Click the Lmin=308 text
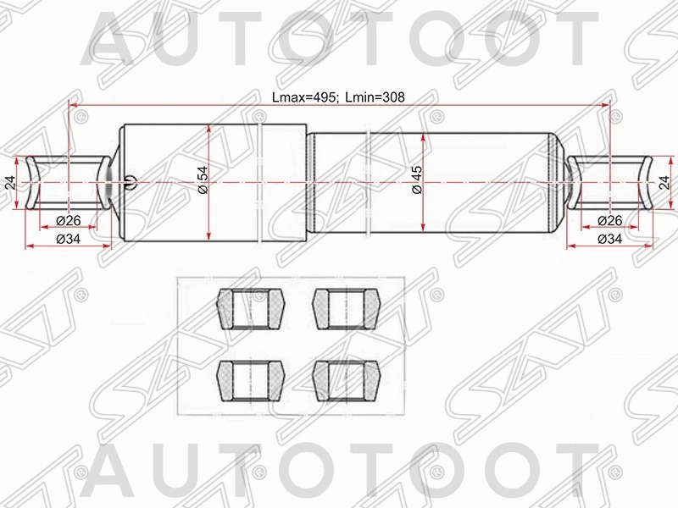click(375, 97)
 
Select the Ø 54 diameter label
click(203, 179)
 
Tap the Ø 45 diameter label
click(417, 179)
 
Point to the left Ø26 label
click(69, 221)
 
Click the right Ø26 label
click(609, 221)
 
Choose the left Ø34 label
click(69, 239)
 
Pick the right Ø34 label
click(609, 239)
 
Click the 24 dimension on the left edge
click(10, 183)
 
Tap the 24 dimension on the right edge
click(664, 183)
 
